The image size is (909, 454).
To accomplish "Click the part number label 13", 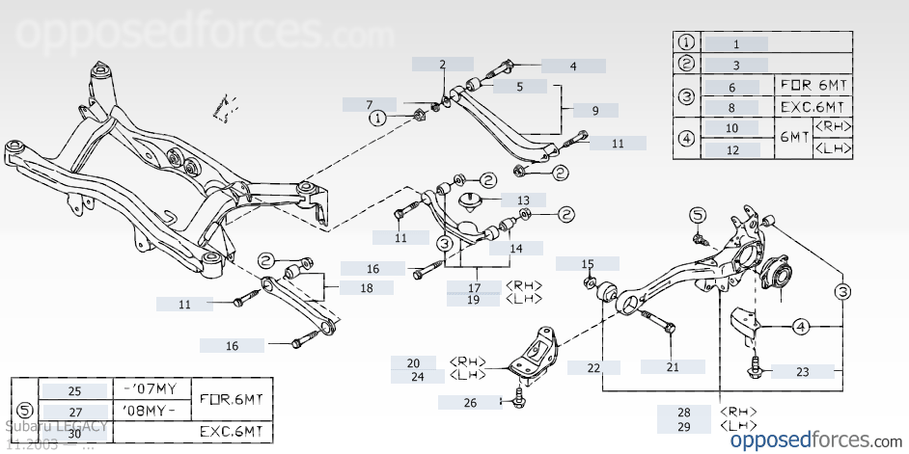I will (x=516, y=200).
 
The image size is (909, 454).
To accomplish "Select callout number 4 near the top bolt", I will (x=573, y=67).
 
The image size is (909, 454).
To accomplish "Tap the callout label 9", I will (x=595, y=110).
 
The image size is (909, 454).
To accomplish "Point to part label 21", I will (x=673, y=366).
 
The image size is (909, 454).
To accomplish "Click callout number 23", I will (x=803, y=371).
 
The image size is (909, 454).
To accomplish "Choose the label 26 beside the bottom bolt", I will (x=470, y=402).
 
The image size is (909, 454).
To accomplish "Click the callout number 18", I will (x=367, y=287).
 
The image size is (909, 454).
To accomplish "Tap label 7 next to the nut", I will (x=369, y=104).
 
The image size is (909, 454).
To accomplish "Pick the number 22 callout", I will (x=593, y=367).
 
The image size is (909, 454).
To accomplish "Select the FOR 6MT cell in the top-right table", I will (x=814, y=85).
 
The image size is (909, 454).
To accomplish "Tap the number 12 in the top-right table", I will (x=732, y=149).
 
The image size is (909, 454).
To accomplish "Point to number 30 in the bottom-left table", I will (x=74, y=433).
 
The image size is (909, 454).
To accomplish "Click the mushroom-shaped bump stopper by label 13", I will (x=472, y=203).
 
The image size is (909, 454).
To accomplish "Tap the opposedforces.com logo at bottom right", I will (x=813, y=440).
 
